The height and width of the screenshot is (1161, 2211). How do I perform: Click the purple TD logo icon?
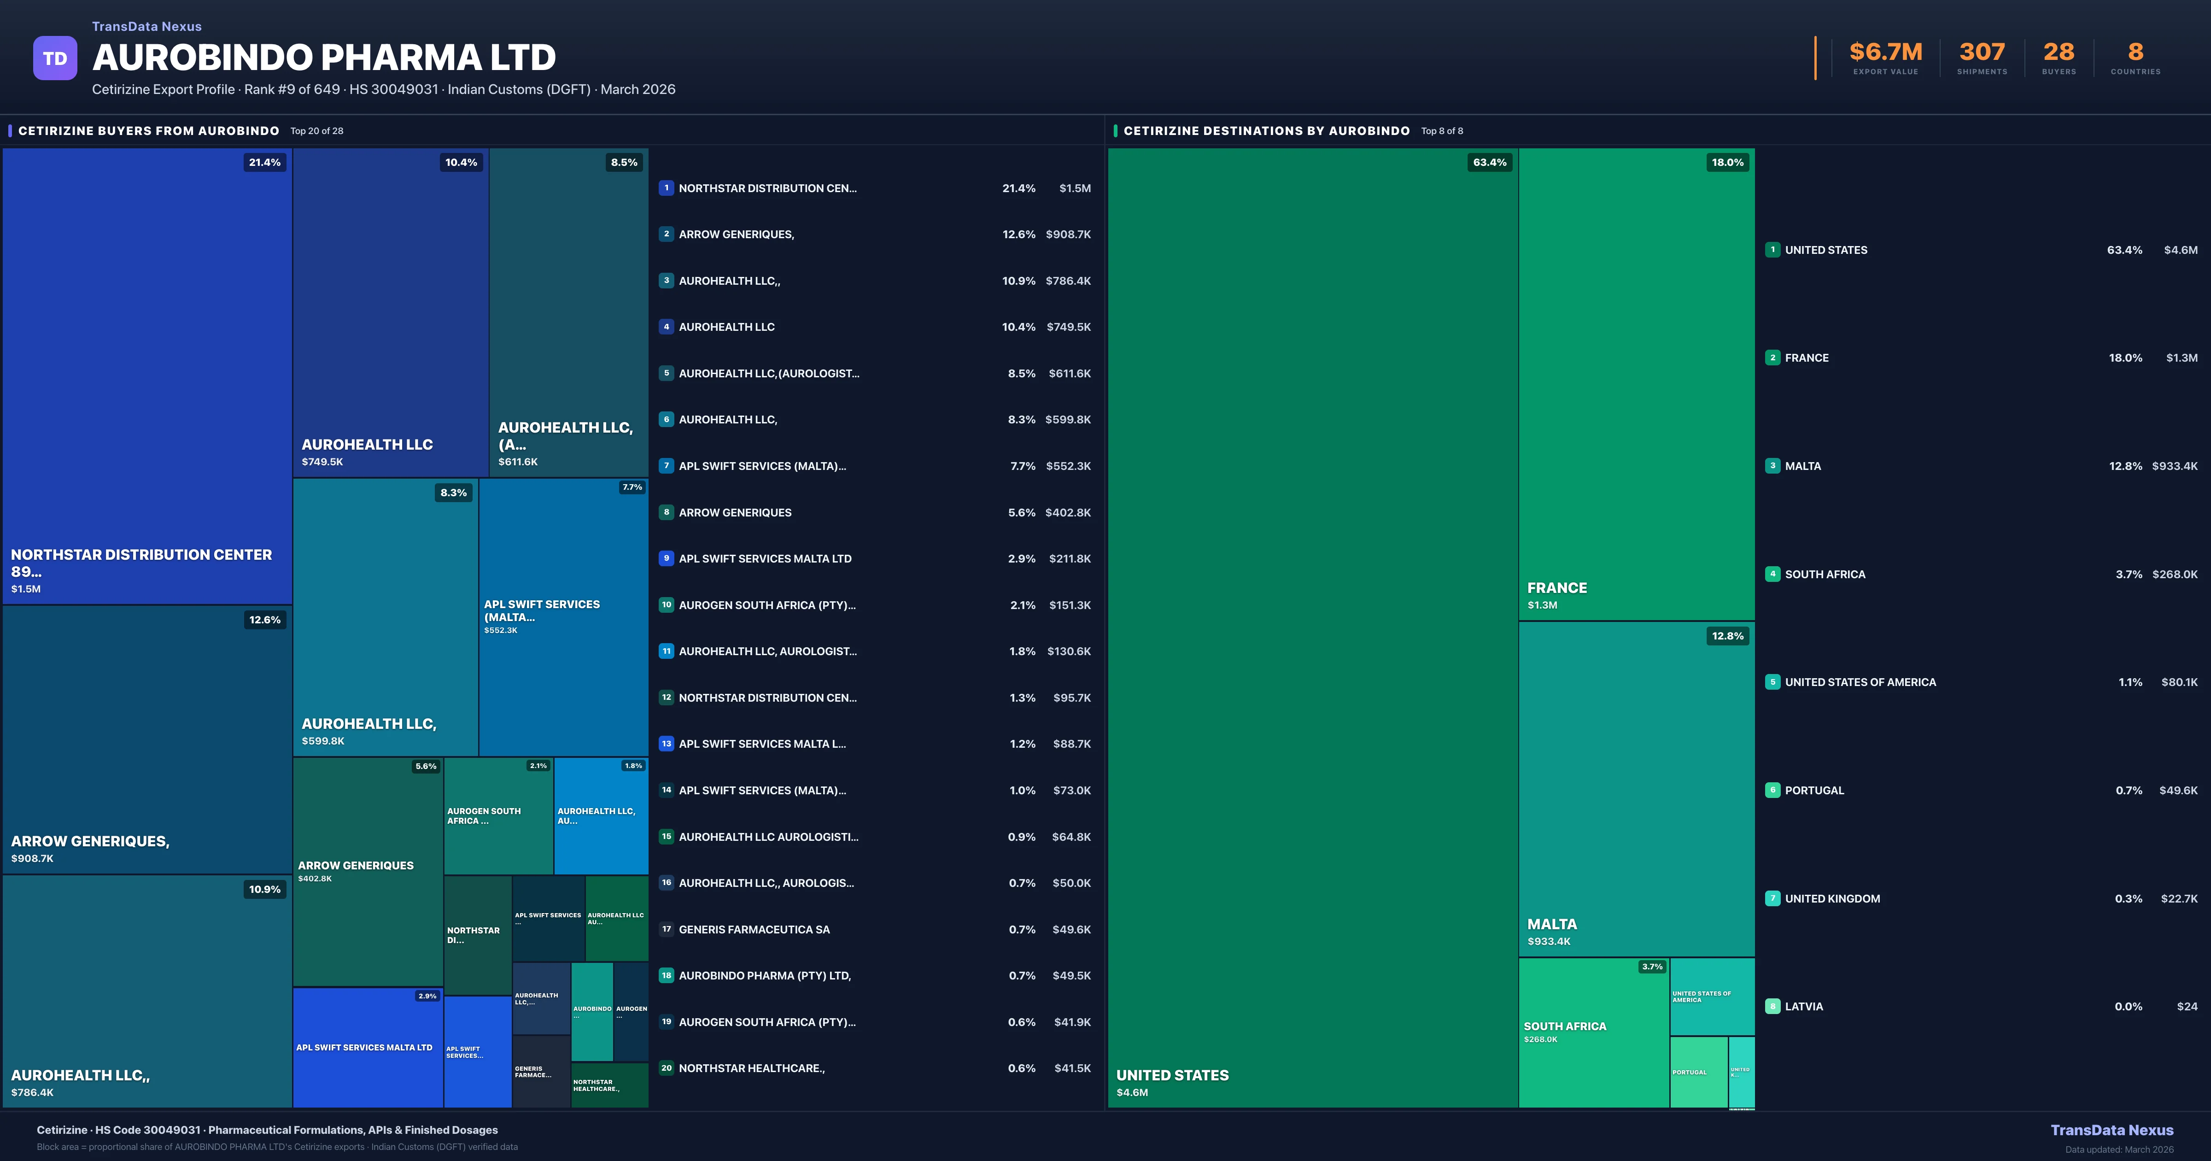point(55,59)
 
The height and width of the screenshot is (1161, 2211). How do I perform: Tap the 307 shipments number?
point(1981,53)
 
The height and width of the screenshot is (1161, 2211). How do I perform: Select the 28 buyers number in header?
point(2058,53)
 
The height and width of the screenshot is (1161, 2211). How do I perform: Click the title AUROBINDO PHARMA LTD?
point(323,58)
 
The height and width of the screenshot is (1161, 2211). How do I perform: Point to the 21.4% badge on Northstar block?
point(264,162)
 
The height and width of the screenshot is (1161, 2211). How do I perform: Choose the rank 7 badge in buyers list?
point(666,465)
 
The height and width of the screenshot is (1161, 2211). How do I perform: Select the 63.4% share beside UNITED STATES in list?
point(2124,250)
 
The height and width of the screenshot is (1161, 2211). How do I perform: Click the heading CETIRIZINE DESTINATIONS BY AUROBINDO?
point(1266,130)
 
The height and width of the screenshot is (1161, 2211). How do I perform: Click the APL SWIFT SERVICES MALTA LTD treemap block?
point(368,1048)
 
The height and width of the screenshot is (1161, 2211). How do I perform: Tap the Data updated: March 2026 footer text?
point(2118,1149)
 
